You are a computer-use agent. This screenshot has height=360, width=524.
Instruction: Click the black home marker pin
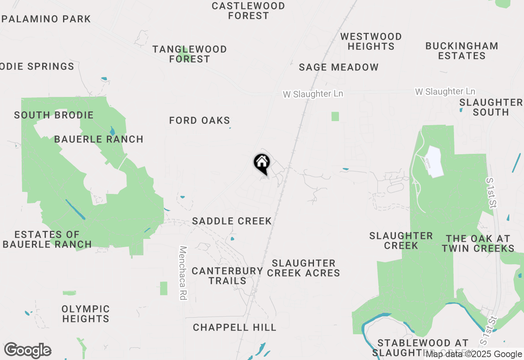pyautogui.click(x=262, y=164)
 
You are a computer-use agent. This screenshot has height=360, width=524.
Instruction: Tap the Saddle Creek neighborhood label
pyautogui.click(x=232, y=221)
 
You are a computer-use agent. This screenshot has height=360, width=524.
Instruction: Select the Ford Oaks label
pyautogui.click(x=200, y=121)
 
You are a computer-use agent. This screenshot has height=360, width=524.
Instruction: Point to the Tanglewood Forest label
pyautogui.click(x=190, y=54)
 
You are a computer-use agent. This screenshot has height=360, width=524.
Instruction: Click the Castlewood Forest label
pyautogui.click(x=248, y=11)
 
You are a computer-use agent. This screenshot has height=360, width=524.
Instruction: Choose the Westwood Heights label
pyautogui.click(x=371, y=41)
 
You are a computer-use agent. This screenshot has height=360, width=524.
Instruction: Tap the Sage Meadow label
pyautogui.click(x=339, y=67)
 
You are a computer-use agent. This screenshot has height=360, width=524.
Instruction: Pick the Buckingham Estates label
pyautogui.click(x=462, y=51)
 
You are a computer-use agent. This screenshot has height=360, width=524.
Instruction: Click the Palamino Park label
pyautogui.click(x=46, y=19)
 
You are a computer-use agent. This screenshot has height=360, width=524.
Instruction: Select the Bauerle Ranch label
pyautogui.click(x=99, y=139)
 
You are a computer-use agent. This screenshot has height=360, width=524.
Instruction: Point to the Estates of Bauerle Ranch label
pyautogui.click(x=47, y=239)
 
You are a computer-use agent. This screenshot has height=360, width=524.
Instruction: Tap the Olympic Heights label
pyautogui.click(x=86, y=314)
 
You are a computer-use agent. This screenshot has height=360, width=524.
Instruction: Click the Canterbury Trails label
pyautogui.click(x=227, y=276)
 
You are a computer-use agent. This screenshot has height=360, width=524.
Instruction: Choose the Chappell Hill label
pyautogui.click(x=235, y=327)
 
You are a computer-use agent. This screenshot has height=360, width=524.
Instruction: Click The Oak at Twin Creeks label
pyautogui.click(x=478, y=243)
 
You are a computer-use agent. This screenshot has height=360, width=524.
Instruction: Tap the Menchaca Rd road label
pyautogui.click(x=183, y=273)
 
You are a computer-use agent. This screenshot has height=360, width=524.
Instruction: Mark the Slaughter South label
pyautogui.click(x=490, y=107)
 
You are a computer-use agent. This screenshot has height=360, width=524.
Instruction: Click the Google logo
pyautogui.click(x=28, y=351)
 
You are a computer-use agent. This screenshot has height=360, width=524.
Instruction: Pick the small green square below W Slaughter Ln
pyautogui.click(x=335, y=116)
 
